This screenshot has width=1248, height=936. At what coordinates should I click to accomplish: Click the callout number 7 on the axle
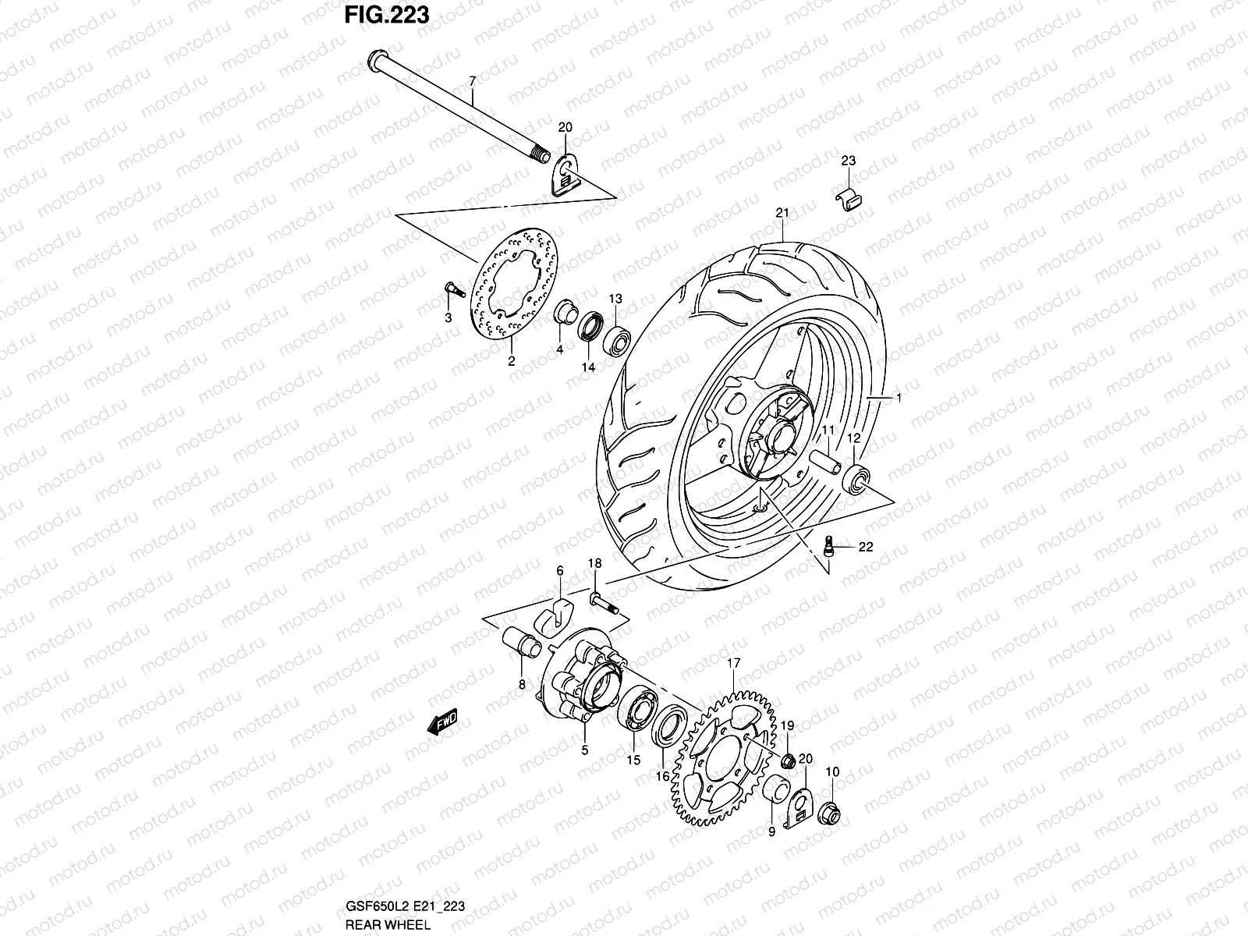pos(471,81)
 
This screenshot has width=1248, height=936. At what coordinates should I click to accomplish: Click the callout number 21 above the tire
pos(782,213)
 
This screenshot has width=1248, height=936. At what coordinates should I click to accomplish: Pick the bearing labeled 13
pos(617,338)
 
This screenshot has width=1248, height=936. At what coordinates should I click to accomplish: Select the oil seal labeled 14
pos(590,324)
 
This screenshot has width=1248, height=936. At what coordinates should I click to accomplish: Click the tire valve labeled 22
pos(832,544)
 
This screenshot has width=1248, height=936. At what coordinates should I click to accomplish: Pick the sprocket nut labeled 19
pos(788,760)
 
